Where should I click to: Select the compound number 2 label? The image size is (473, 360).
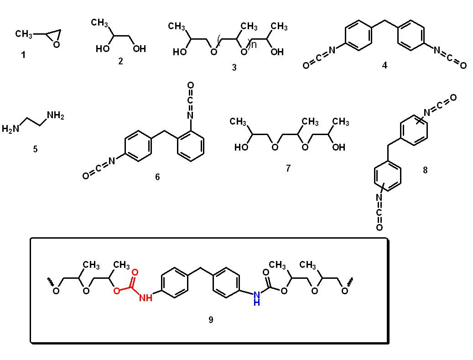coord(120,61)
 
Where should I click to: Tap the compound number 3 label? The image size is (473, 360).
coord(234,68)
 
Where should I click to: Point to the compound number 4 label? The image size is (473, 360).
coord(385,65)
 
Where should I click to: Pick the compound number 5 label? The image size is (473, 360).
coord(35,149)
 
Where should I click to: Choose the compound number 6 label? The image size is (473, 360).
coord(157,177)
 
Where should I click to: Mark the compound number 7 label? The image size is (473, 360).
coord(288,168)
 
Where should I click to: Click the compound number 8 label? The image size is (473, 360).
coord(425,170)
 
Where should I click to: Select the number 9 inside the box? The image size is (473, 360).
coord(211,320)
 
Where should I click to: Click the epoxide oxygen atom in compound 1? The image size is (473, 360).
coord(56,44)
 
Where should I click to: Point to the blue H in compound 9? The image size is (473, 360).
coord(256,302)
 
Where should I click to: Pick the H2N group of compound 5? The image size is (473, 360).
coord(11,129)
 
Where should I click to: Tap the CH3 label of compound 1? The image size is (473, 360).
coord(24,34)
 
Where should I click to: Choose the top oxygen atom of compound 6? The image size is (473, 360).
coord(190,85)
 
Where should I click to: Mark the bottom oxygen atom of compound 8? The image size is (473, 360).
coord(379,227)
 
